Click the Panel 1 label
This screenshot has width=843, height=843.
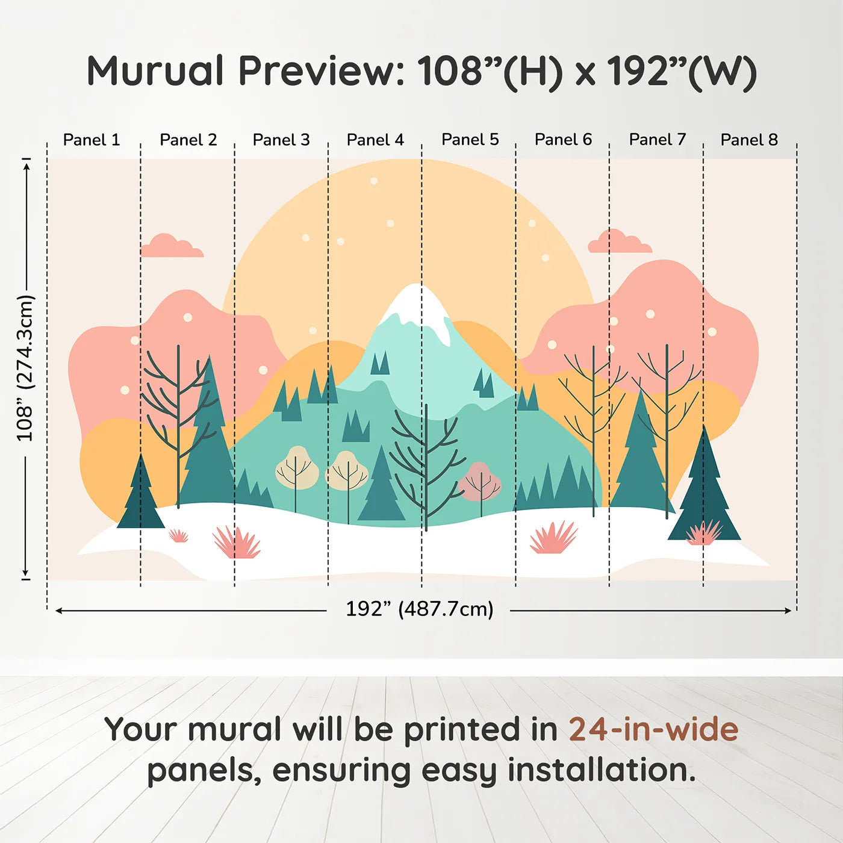click(x=92, y=140)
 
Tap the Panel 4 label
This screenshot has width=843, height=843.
click(x=375, y=140)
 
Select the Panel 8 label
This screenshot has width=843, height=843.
click(x=749, y=140)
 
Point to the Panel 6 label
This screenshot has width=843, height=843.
click(x=563, y=140)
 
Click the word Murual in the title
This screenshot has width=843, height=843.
click(x=155, y=70)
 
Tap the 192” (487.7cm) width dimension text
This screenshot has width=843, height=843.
click(x=420, y=609)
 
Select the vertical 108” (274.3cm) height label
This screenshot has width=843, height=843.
click(x=25, y=368)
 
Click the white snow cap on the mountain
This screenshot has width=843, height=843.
click(x=418, y=311)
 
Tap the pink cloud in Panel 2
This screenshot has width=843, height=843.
click(x=172, y=246)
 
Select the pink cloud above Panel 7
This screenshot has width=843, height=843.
click(x=620, y=241)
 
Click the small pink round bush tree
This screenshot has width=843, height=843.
click(x=479, y=482)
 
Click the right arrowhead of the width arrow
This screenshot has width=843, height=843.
click(x=788, y=611)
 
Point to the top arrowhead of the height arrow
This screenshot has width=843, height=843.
click(x=26, y=167)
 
